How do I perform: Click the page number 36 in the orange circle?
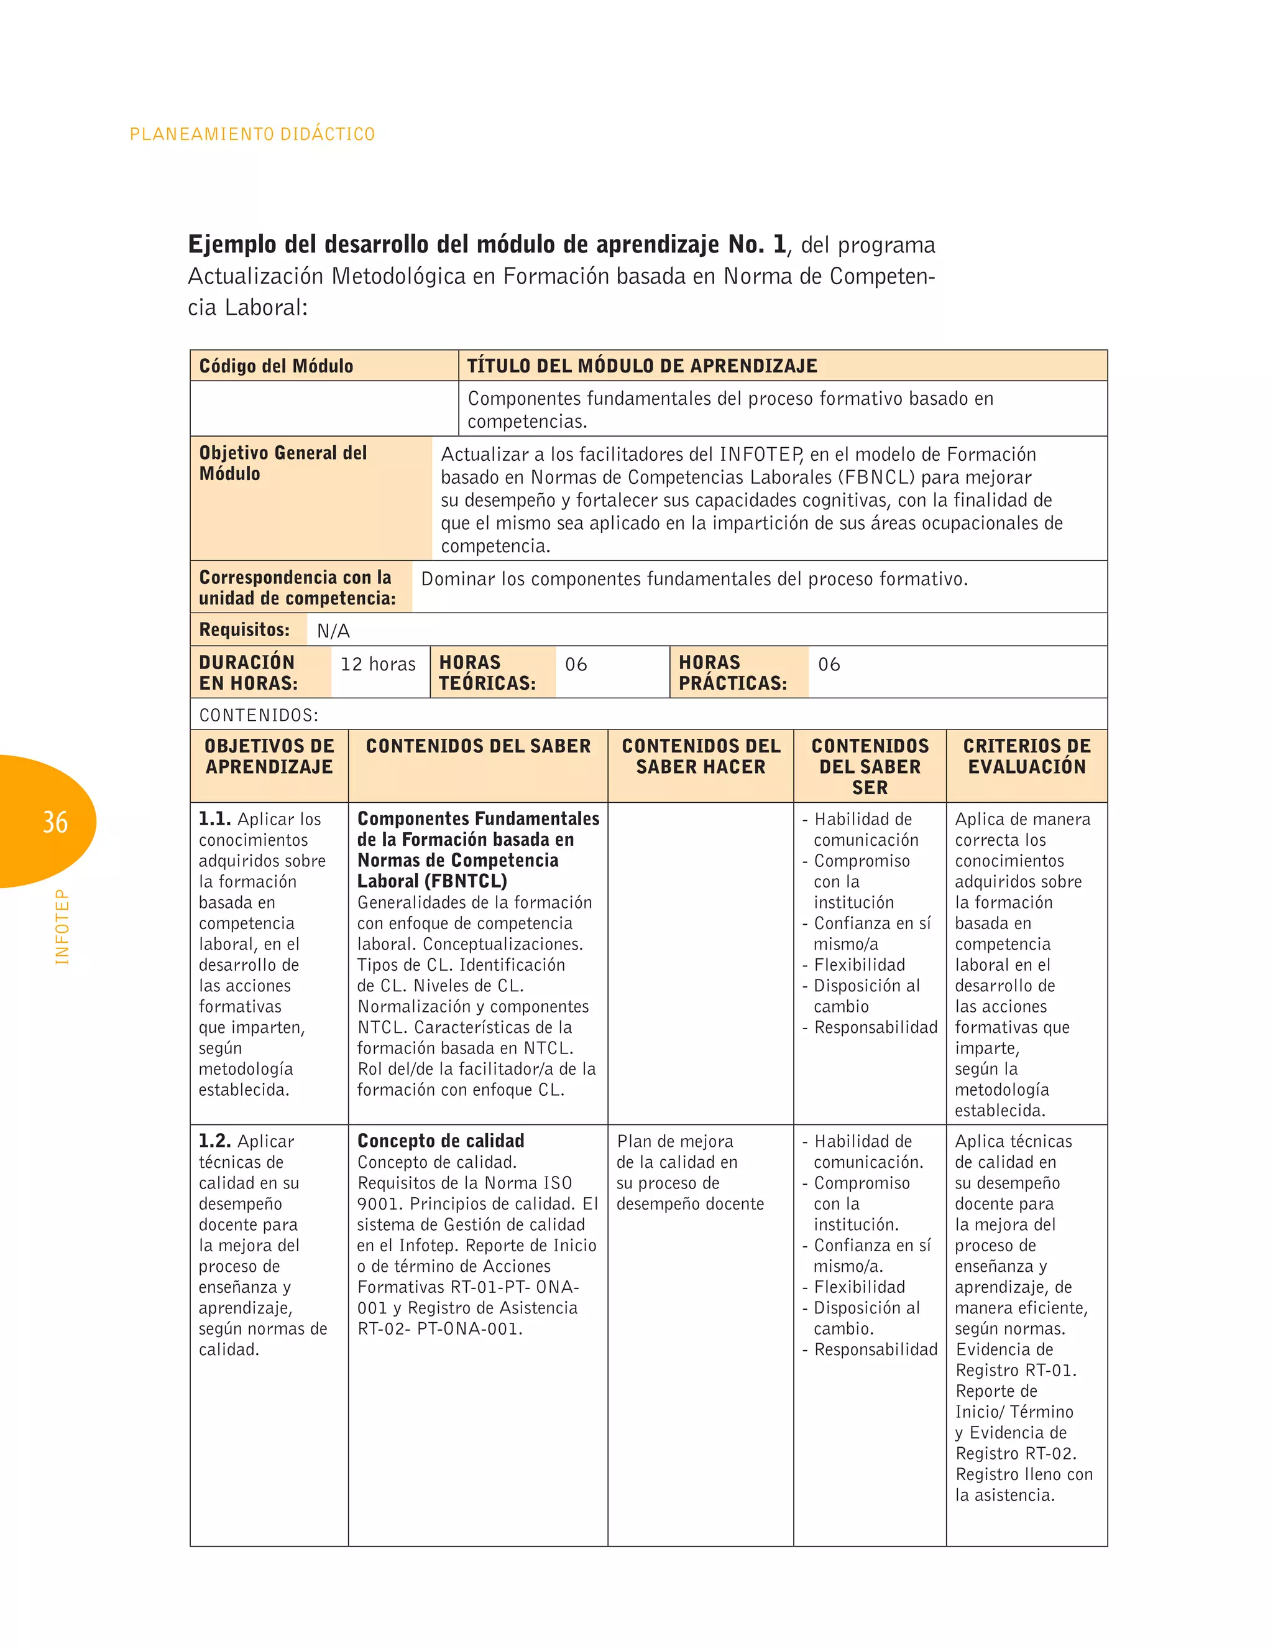[x=55, y=822]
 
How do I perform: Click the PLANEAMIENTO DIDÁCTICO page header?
[x=252, y=134]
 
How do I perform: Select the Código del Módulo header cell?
[x=276, y=366]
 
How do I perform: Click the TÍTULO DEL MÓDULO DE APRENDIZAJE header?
[x=641, y=366]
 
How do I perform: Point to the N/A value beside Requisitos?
[x=333, y=631]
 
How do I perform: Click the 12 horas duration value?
[x=378, y=664]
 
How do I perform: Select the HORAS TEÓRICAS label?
[x=487, y=672]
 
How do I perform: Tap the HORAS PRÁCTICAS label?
[x=732, y=672]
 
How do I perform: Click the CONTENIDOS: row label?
[x=259, y=715]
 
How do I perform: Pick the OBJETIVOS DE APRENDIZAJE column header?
[x=269, y=756]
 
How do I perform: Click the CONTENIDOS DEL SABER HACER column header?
[x=701, y=756]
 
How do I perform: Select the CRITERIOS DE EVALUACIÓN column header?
[x=1026, y=756]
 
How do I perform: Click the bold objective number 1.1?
[x=215, y=819]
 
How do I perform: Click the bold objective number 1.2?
[x=215, y=1141]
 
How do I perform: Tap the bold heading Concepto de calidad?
[x=441, y=1141]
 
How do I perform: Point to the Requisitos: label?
[x=244, y=629]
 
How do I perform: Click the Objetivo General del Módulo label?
[x=282, y=463]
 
